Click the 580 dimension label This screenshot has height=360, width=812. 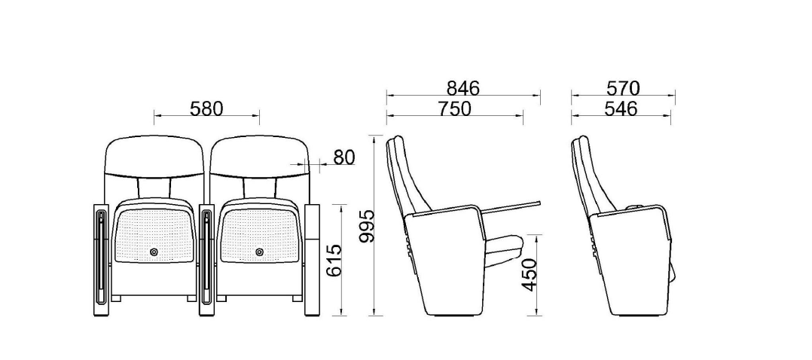pos(206,108)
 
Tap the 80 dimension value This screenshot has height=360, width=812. pos(343,157)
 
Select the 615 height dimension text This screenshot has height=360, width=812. pos(334,260)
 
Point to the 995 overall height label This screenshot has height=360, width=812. pos(367,227)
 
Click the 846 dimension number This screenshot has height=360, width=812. pos(463,88)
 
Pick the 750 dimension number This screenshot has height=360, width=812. pos(454,108)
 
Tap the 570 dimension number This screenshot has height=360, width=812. pos(623,88)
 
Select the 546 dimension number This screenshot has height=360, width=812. pos(621,108)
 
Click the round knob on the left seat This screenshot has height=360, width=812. pos(154,252)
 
